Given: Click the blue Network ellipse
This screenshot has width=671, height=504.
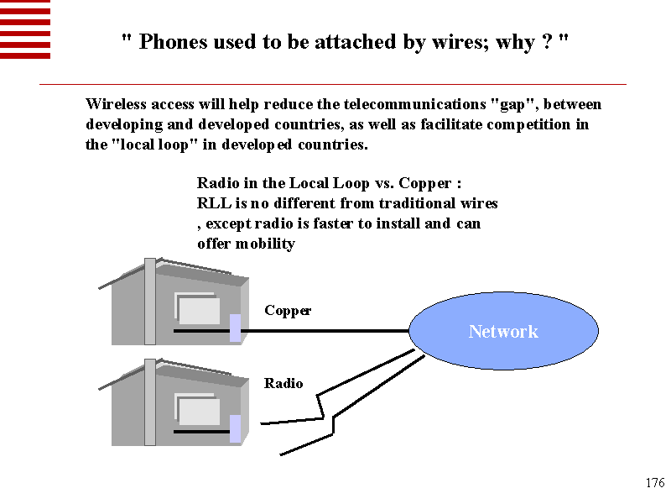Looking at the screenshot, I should coord(503,331).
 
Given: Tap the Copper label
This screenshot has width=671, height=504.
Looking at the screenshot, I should coord(288,311).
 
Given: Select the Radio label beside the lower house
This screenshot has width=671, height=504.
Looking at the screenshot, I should coord(283,384).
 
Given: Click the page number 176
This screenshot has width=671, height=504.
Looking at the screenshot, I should coord(655,483).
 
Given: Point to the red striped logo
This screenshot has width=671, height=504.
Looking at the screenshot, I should coord(25,29).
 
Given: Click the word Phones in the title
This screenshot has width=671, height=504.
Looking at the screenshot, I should coord(172,43).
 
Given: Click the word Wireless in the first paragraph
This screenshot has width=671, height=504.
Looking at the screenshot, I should coord(117,105).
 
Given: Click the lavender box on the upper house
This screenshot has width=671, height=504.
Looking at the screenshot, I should coord(236,328).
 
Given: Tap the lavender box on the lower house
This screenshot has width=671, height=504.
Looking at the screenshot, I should coord(236,428).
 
